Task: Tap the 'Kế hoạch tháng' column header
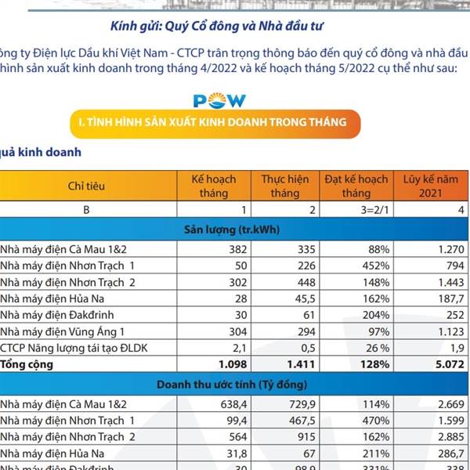[214, 186]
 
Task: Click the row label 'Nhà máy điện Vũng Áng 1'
[63, 331]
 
